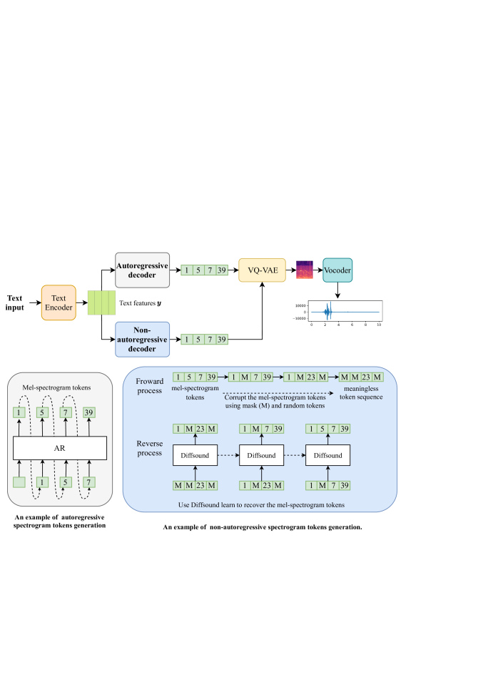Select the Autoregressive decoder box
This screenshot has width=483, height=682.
[x=141, y=270]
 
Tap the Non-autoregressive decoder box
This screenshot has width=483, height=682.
[x=141, y=339]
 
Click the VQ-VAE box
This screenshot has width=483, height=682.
[x=263, y=270]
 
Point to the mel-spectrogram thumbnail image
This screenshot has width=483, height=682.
[x=305, y=270]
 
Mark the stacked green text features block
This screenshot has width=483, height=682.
[x=101, y=302]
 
